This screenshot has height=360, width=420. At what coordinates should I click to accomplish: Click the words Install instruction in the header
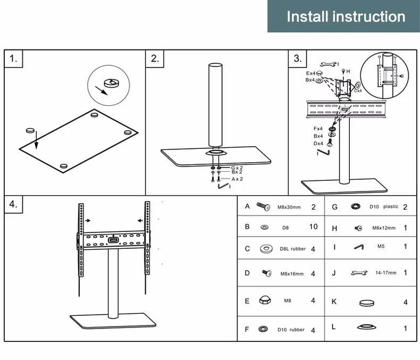tap(346, 16)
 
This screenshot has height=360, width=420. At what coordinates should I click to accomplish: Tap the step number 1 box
tap(14, 59)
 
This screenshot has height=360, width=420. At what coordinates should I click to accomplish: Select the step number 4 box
tap(14, 205)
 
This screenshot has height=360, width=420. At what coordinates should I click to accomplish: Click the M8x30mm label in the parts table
tap(289, 207)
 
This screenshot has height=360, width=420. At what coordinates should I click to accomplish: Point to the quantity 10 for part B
tap(313, 227)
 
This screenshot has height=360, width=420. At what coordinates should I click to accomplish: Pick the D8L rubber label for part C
tap(291, 249)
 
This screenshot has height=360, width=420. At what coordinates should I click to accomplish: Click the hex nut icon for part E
tap(264, 300)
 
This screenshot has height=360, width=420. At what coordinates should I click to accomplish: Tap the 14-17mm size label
tap(385, 273)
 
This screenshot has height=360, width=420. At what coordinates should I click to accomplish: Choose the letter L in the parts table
tap(334, 326)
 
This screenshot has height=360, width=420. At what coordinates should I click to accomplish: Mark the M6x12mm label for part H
tap(384, 228)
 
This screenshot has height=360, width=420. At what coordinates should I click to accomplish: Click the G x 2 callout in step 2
tap(237, 168)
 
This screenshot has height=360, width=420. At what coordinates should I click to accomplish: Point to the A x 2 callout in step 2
tap(237, 179)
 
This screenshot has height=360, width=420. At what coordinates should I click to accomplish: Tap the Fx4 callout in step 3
tap(318, 129)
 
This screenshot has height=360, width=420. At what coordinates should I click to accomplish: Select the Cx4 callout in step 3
tap(358, 91)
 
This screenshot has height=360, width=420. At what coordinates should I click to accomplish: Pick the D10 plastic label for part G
tap(383, 207)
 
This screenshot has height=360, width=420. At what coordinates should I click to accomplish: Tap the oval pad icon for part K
tap(367, 302)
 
